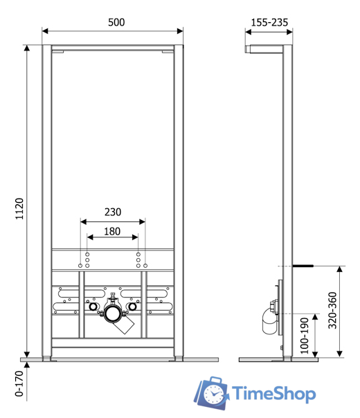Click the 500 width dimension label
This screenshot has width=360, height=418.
point(116,22)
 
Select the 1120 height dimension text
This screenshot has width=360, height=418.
point(19,208)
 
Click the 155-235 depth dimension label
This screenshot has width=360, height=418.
point(269,22)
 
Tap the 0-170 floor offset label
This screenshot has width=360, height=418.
point(19,384)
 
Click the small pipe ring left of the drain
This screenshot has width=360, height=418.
point(91,307)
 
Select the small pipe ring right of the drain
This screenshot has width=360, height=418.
point(134,307)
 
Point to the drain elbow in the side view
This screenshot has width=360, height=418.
point(269,320)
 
